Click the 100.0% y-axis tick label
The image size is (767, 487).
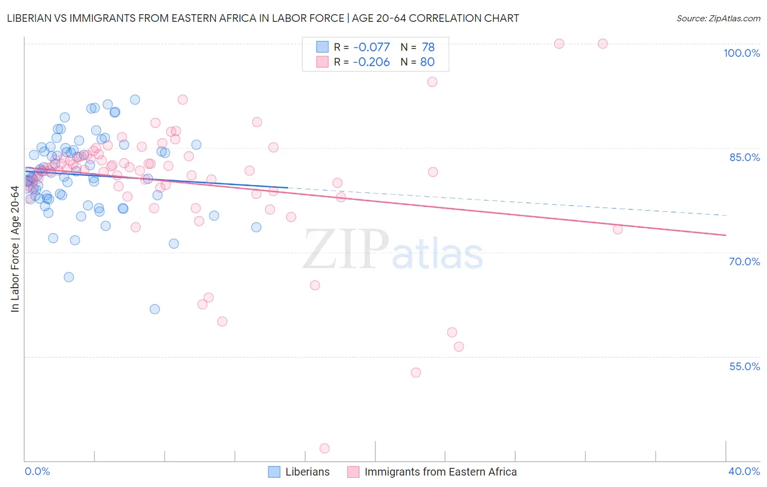[x=741, y=53]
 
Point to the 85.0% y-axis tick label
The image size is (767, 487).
[x=744, y=157]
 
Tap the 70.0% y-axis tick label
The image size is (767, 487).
[x=744, y=262]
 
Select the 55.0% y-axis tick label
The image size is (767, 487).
[x=744, y=366]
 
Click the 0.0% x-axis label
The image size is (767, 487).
[x=37, y=471]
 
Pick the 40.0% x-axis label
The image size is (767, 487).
[x=744, y=471]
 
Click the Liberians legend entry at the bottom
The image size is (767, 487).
[x=307, y=472]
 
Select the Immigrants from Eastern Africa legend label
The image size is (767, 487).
[x=440, y=472]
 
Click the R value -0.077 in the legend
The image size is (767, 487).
[x=371, y=47]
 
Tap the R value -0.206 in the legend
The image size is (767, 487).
[x=371, y=62]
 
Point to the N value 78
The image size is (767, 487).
[x=428, y=47]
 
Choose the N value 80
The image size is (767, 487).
[x=427, y=62]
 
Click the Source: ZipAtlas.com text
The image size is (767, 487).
[x=718, y=18]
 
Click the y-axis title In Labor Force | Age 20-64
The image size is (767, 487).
[x=15, y=249]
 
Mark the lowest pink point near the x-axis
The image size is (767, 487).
[x=325, y=448]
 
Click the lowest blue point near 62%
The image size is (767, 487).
[x=155, y=309]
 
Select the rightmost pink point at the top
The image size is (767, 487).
[x=603, y=44]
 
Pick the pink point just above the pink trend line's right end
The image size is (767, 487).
[x=618, y=229]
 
